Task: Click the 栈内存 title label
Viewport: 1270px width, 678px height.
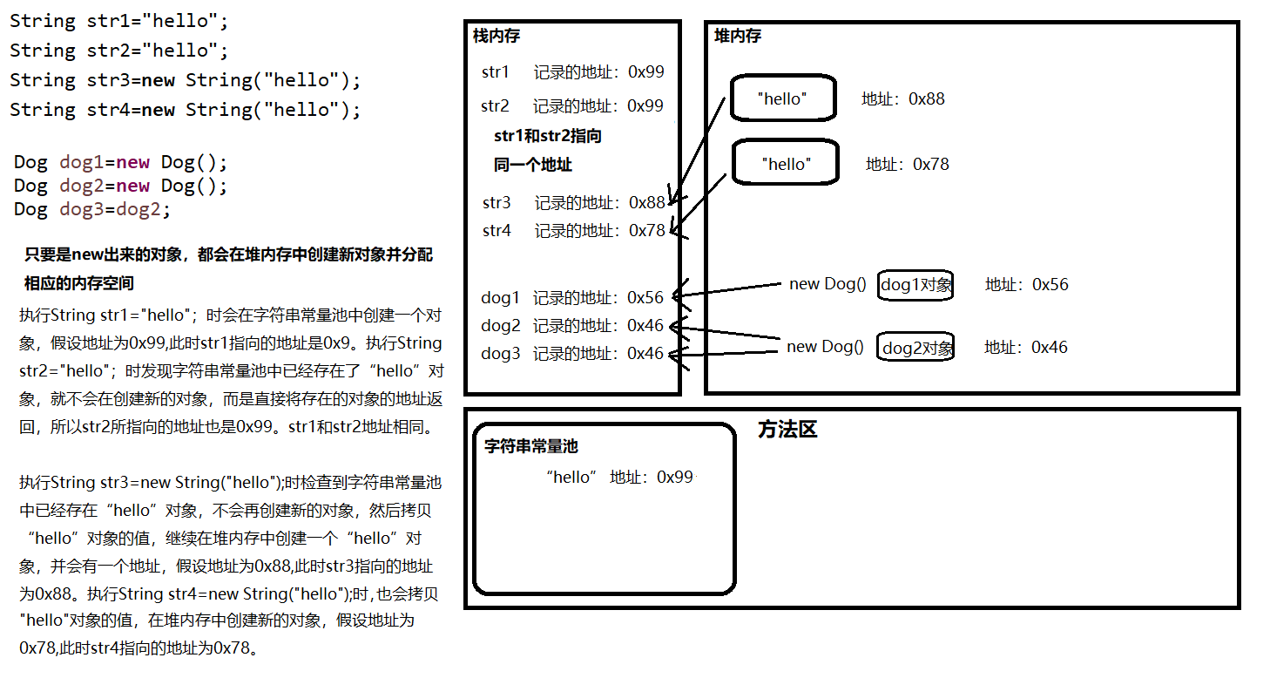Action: [496, 37]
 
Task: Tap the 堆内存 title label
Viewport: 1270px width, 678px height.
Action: [737, 36]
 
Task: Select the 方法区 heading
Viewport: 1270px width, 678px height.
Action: [787, 430]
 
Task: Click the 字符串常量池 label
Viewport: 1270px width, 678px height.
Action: [530, 446]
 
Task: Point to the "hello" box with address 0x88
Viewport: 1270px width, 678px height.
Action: [782, 99]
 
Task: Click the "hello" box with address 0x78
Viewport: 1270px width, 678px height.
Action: [785, 164]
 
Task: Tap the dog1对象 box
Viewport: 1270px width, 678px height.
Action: [915, 284]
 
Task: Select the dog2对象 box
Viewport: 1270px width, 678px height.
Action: [916, 348]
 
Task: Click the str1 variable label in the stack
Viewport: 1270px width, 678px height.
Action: [495, 72]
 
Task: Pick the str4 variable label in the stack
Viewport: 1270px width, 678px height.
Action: [497, 231]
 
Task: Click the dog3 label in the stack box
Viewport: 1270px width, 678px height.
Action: [500, 354]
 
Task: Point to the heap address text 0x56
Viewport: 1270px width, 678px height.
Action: [1050, 284]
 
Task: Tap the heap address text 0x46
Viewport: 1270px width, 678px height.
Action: [1049, 347]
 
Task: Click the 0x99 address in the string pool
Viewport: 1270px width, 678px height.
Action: [675, 478]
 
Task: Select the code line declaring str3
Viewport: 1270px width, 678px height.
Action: [185, 80]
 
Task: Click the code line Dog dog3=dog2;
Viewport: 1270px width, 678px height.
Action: [92, 209]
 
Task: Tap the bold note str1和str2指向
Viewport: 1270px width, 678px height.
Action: [547, 136]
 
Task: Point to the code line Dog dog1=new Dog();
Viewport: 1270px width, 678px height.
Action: [120, 162]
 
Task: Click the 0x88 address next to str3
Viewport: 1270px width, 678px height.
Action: [647, 203]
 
